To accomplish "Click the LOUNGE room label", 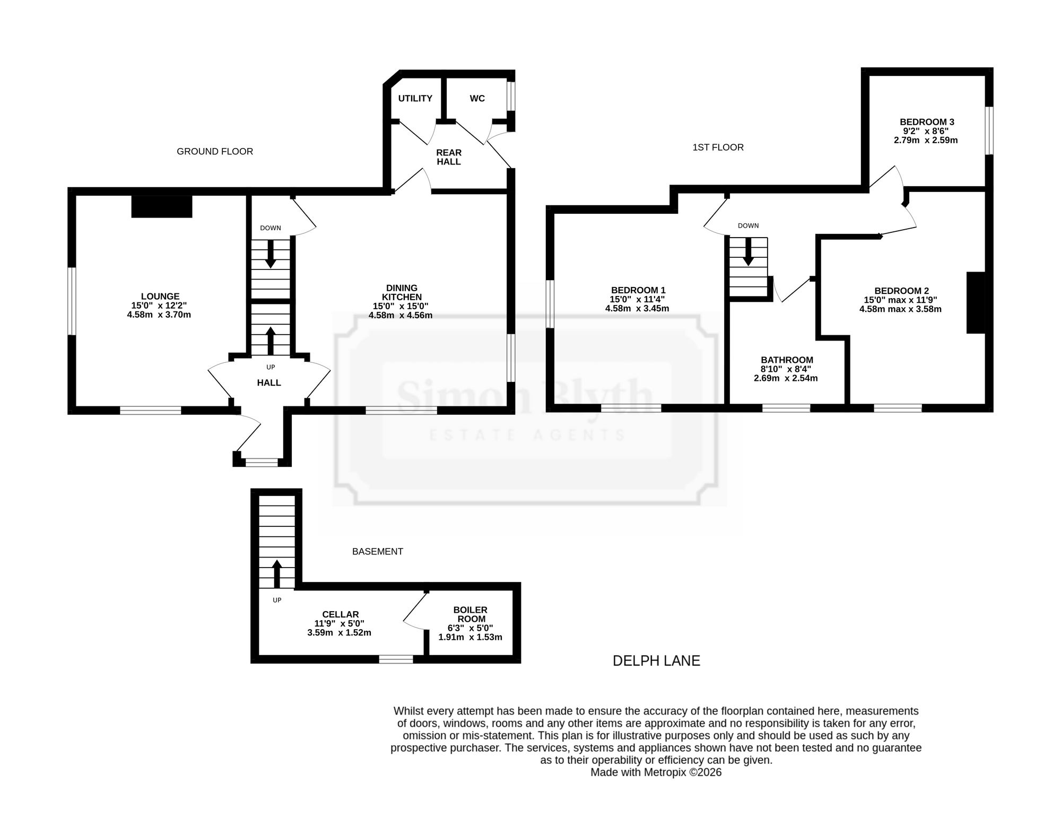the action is coord(160,297).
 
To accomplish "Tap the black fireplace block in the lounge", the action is coord(161,206).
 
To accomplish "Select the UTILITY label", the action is coord(415,99).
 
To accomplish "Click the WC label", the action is coord(477,99).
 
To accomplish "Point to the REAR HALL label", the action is coord(449,157).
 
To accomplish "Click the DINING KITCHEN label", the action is coord(402,293).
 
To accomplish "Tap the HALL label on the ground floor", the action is coord(269,383).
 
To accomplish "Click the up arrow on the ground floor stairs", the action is coord(271,341).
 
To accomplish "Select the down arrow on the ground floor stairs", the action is coord(271,254).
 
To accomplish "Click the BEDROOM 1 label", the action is coord(638,291).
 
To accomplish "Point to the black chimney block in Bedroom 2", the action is coord(976,302).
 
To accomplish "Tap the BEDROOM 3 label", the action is coord(927,122).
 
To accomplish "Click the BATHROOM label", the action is coord(787,360).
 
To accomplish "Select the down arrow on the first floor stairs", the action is coord(749,251).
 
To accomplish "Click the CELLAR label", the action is coord(340,615).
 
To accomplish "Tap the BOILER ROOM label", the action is coord(471,614).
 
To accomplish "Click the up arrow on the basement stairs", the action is coord(276,573).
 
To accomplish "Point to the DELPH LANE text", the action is coord(656,661).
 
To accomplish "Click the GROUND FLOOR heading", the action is coord(215,152).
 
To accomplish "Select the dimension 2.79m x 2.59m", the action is coord(926,141).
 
